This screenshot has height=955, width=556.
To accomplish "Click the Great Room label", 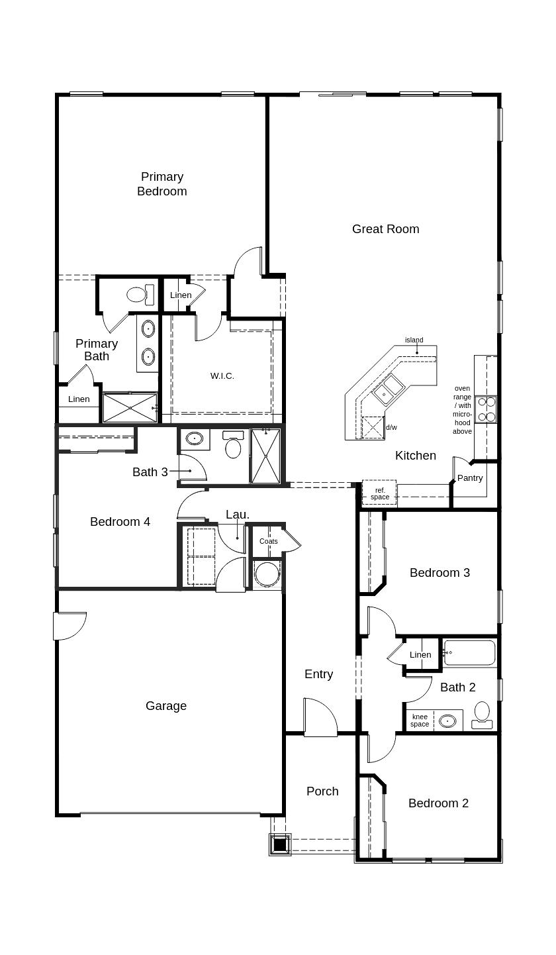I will pos(385,229).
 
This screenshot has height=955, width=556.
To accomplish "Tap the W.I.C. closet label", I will pos(222,376).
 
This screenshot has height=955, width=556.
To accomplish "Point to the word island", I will pos(414,340).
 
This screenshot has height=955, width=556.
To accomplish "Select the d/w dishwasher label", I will pos(392,428).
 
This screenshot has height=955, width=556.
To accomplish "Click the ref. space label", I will pos(380,494).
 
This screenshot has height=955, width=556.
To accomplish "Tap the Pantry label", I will pos(470,478).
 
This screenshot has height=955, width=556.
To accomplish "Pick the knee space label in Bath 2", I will pos(420,721).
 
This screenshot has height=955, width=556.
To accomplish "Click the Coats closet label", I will pos(269,542).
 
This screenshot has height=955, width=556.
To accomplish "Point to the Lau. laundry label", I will pos(238,515).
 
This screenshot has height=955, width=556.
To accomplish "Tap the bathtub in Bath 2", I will pos(469,653).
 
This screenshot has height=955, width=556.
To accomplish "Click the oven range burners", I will pos(486,409).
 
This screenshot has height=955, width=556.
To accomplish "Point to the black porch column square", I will pos(279,844).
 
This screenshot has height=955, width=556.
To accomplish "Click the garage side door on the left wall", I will pos(69,626).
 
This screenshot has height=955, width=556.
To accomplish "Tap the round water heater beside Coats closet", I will pos(267,574).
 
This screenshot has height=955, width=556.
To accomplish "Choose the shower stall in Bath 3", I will pos(265,456).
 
